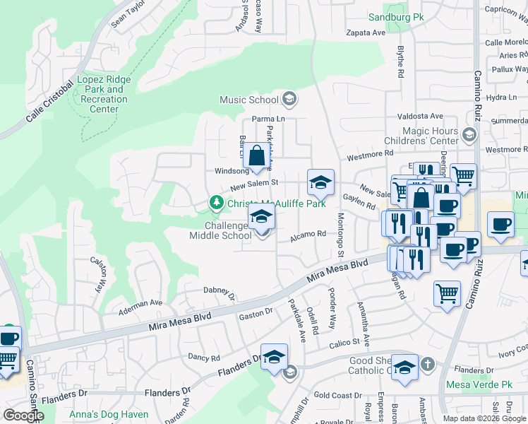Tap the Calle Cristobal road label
(x=49, y=103)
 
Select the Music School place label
(x=249, y=100)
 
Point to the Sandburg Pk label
(x=393, y=17)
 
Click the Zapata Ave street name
(x=365, y=33)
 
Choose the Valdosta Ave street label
(x=420, y=116)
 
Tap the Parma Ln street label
(x=269, y=119)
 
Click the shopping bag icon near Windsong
(x=258, y=155)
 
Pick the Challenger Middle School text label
(x=220, y=230)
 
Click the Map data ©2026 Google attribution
(x=484, y=418)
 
